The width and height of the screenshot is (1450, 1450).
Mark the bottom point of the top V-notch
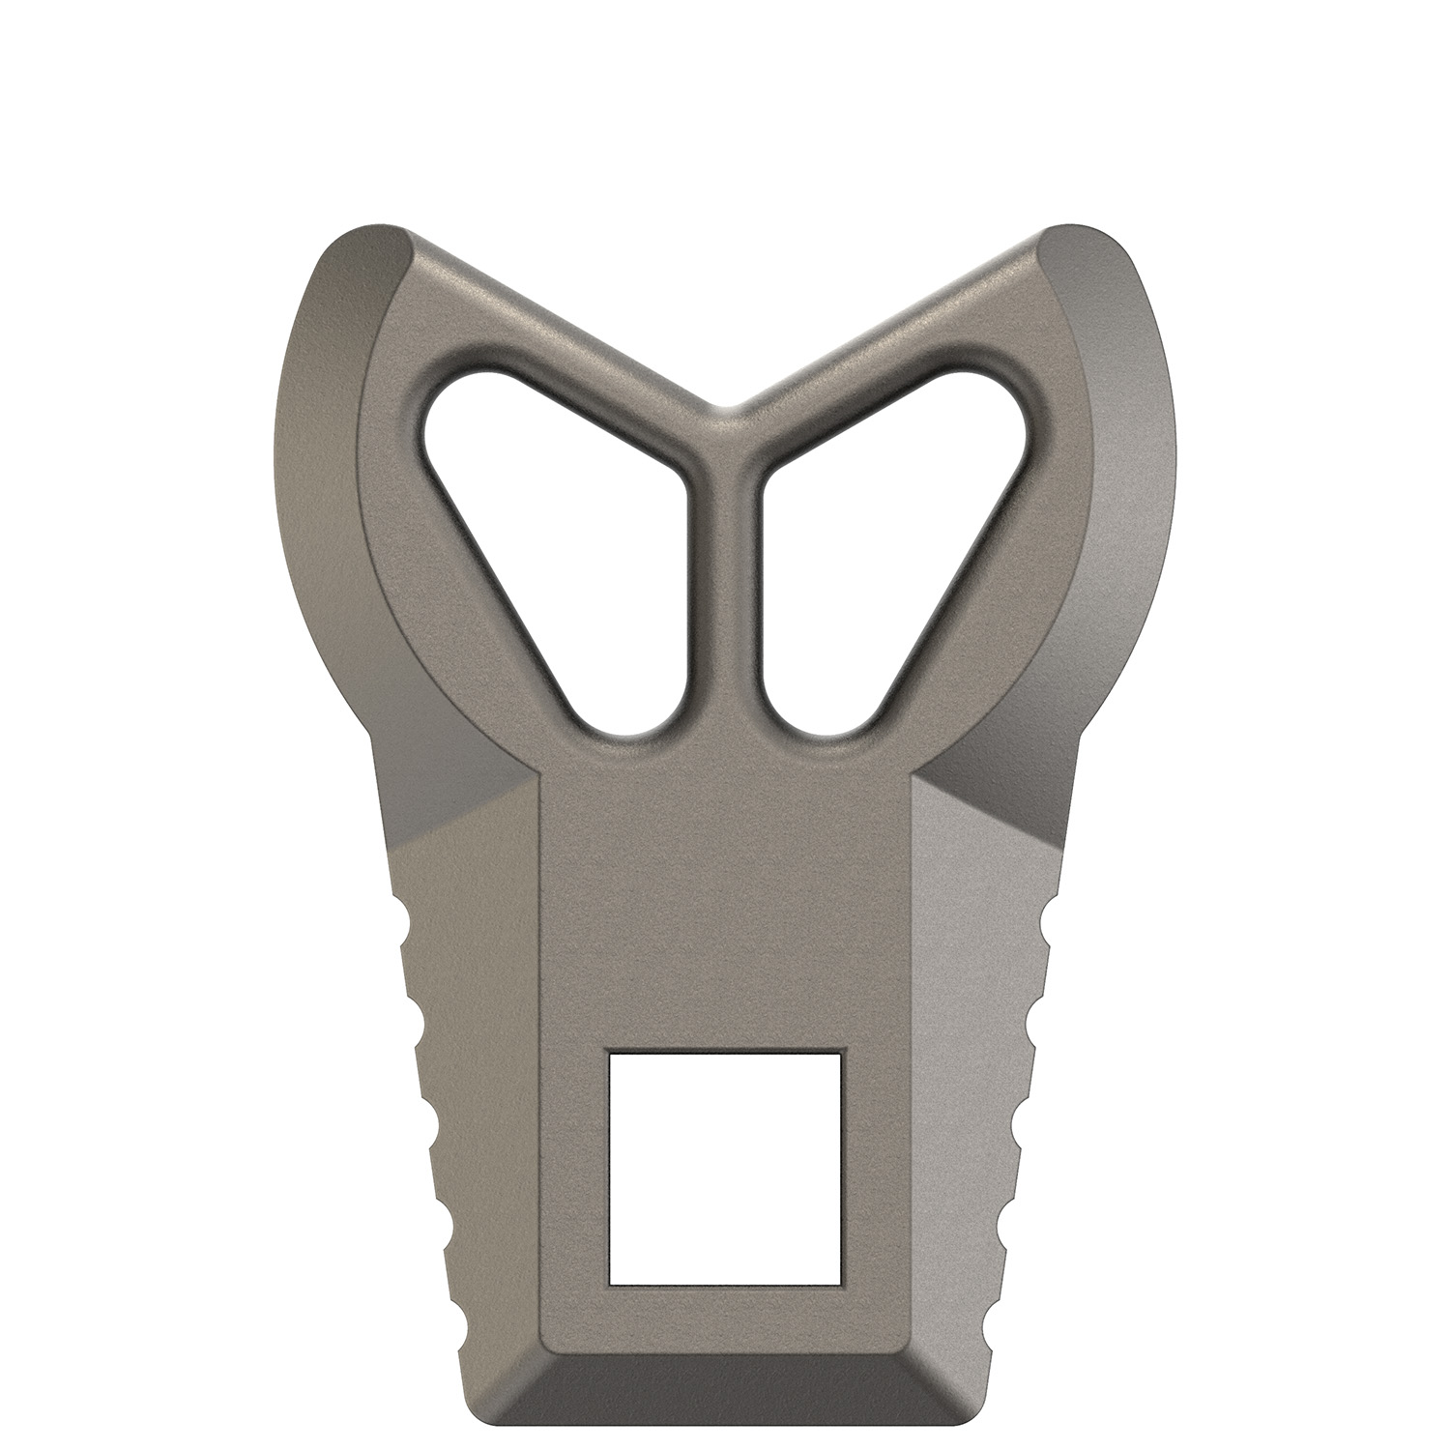(725, 406)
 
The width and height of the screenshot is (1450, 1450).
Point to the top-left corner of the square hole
(609, 1054)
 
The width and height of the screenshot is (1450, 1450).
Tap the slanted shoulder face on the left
(454, 793)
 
